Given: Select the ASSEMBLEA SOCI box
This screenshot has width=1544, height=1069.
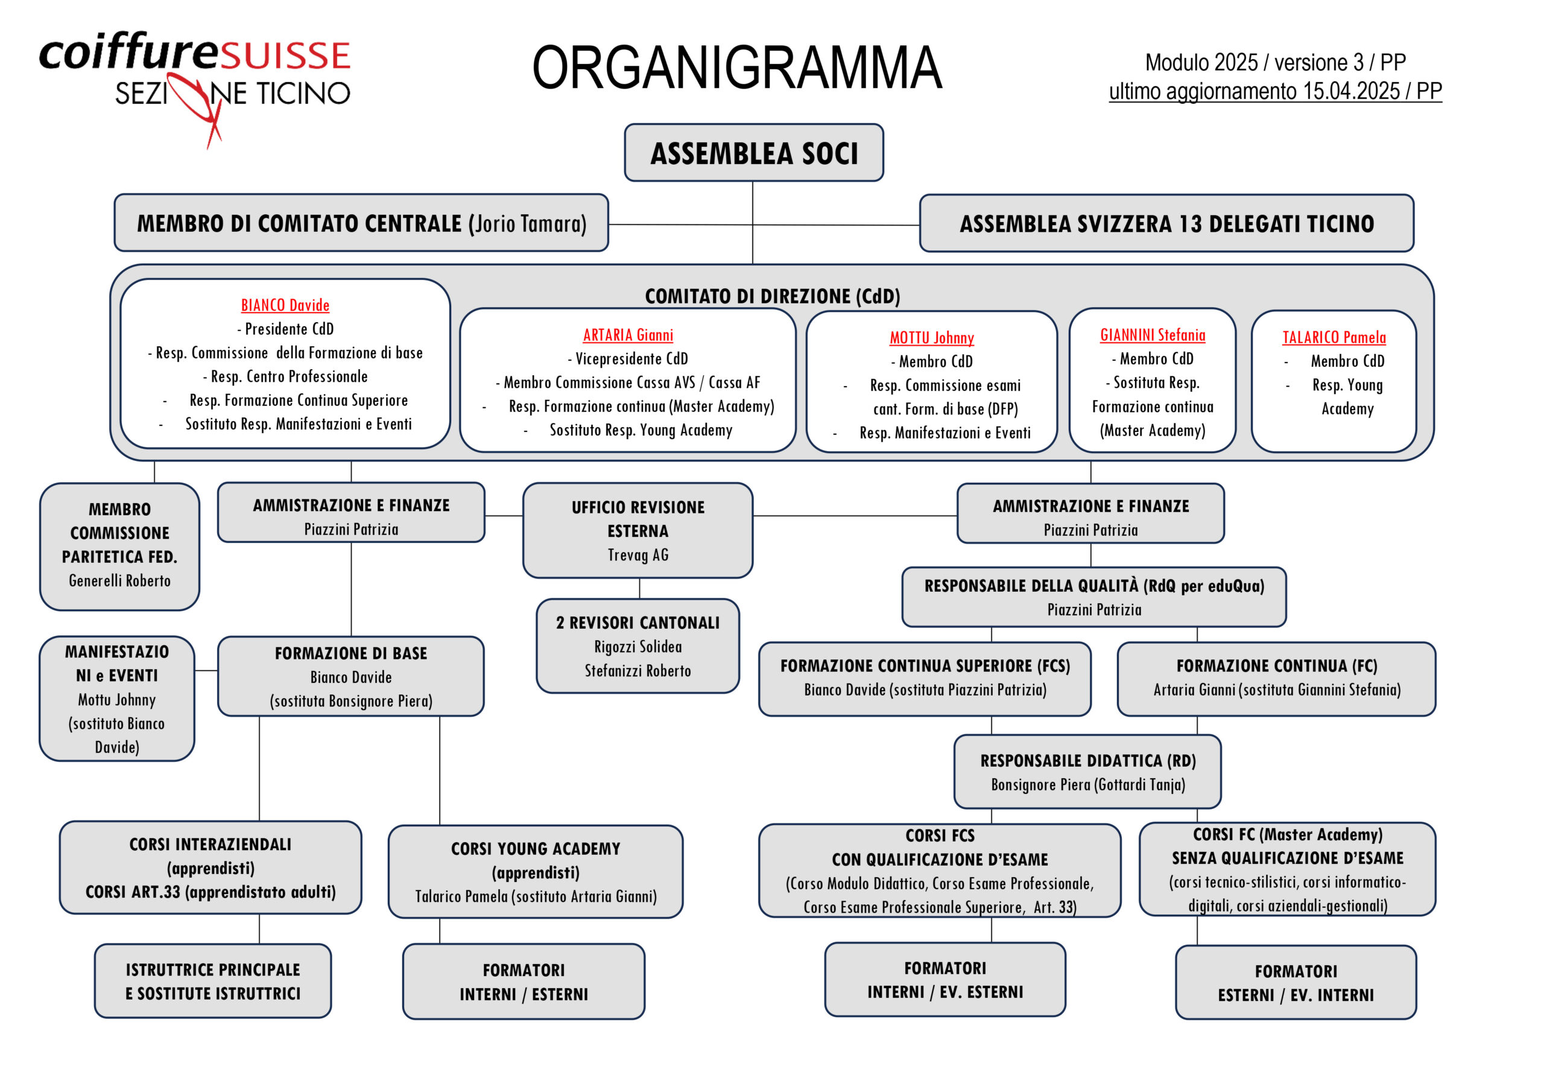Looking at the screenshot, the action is [x=753, y=153].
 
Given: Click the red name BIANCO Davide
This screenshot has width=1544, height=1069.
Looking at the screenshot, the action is [x=285, y=305].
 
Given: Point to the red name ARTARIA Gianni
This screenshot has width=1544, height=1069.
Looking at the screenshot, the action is [x=628, y=335].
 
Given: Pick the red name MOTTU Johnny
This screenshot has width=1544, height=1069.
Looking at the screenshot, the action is [x=931, y=338].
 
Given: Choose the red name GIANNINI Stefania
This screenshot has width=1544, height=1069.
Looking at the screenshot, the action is [x=1153, y=335].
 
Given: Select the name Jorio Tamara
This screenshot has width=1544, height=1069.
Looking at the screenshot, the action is [x=528, y=223].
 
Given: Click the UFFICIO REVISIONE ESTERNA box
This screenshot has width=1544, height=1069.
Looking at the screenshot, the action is [x=638, y=530].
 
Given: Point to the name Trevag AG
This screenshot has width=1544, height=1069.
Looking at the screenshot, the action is [x=638, y=554].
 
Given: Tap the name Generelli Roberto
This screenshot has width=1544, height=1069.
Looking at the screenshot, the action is [x=120, y=581].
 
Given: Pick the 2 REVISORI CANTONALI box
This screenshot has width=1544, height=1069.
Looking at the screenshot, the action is [x=638, y=646].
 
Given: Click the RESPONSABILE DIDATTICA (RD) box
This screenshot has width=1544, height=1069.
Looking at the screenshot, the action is [x=1087, y=772].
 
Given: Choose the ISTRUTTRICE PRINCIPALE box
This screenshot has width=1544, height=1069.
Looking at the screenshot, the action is [x=213, y=982].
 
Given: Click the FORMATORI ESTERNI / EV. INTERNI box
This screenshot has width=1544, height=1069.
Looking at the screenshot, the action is [x=1296, y=983].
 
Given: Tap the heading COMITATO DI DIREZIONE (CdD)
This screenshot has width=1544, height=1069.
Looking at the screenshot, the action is [x=772, y=296].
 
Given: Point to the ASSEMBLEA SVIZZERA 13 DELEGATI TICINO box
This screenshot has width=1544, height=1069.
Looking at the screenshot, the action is [x=1166, y=224].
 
